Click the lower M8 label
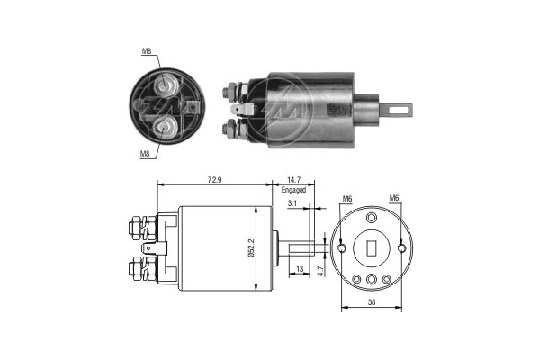click(144, 155)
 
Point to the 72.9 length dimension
click(214, 181)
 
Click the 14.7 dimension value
click(294, 181)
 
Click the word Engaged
click(294, 191)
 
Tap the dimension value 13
click(298, 270)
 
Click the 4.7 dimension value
click(321, 267)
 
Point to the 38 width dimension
click(372, 304)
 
